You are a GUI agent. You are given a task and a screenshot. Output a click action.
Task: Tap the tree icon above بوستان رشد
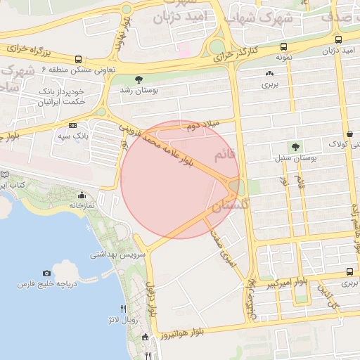pyautogui.click(x=139, y=80)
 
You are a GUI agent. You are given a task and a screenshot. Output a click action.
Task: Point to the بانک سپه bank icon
pyautogui.click(x=73, y=124)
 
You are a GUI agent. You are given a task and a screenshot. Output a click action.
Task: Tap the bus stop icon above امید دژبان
pyautogui.click(x=339, y=40)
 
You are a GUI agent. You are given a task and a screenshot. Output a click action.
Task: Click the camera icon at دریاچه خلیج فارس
pyautogui.click(x=46, y=273)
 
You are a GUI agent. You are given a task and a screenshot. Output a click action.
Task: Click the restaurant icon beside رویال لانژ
pyautogui.click(x=124, y=309)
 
